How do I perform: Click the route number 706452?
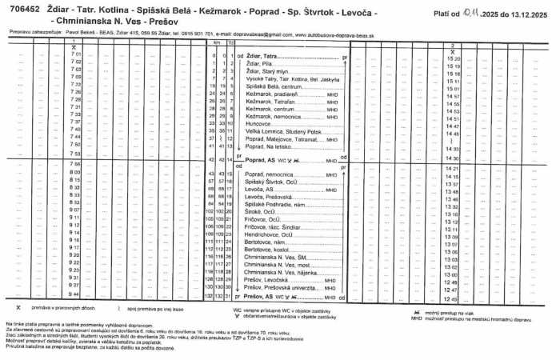(x=25, y=6)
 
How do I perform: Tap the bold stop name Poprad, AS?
(x=264, y=160)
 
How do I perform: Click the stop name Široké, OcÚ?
(x=262, y=211)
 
